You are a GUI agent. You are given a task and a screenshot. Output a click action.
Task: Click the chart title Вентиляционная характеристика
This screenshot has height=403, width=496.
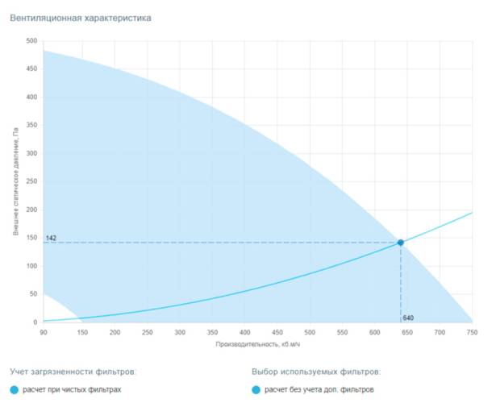click(80, 17)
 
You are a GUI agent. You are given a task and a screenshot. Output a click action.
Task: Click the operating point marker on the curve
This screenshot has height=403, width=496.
click(401, 243)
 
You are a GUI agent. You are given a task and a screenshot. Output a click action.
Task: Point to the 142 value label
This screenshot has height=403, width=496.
click(51, 238)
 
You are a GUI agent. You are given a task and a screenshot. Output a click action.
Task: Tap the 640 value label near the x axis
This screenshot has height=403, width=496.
click(409, 318)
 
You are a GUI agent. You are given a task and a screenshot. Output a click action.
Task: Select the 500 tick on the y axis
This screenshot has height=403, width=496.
click(31, 41)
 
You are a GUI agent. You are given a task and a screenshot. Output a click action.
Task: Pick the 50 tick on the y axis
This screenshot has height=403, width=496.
click(33, 295)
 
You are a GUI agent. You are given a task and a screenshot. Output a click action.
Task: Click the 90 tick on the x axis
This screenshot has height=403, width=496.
click(44, 331)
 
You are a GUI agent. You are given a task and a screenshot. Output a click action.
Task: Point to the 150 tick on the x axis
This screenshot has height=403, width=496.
click(82, 331)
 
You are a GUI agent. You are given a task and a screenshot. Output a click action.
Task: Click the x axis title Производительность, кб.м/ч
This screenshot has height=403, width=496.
click(257, 344)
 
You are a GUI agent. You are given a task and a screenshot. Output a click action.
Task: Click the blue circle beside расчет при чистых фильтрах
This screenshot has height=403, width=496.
click(15, 390)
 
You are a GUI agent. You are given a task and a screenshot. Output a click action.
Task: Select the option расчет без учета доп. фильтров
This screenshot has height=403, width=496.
click(319, 390)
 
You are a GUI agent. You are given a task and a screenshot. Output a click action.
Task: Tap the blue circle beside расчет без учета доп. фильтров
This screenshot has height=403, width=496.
click(256, 390)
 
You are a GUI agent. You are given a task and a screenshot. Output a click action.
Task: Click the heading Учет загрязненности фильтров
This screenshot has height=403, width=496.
click(73, 372)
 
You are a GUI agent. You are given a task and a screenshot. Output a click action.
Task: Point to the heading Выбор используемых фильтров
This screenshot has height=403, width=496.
click(316, 372)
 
